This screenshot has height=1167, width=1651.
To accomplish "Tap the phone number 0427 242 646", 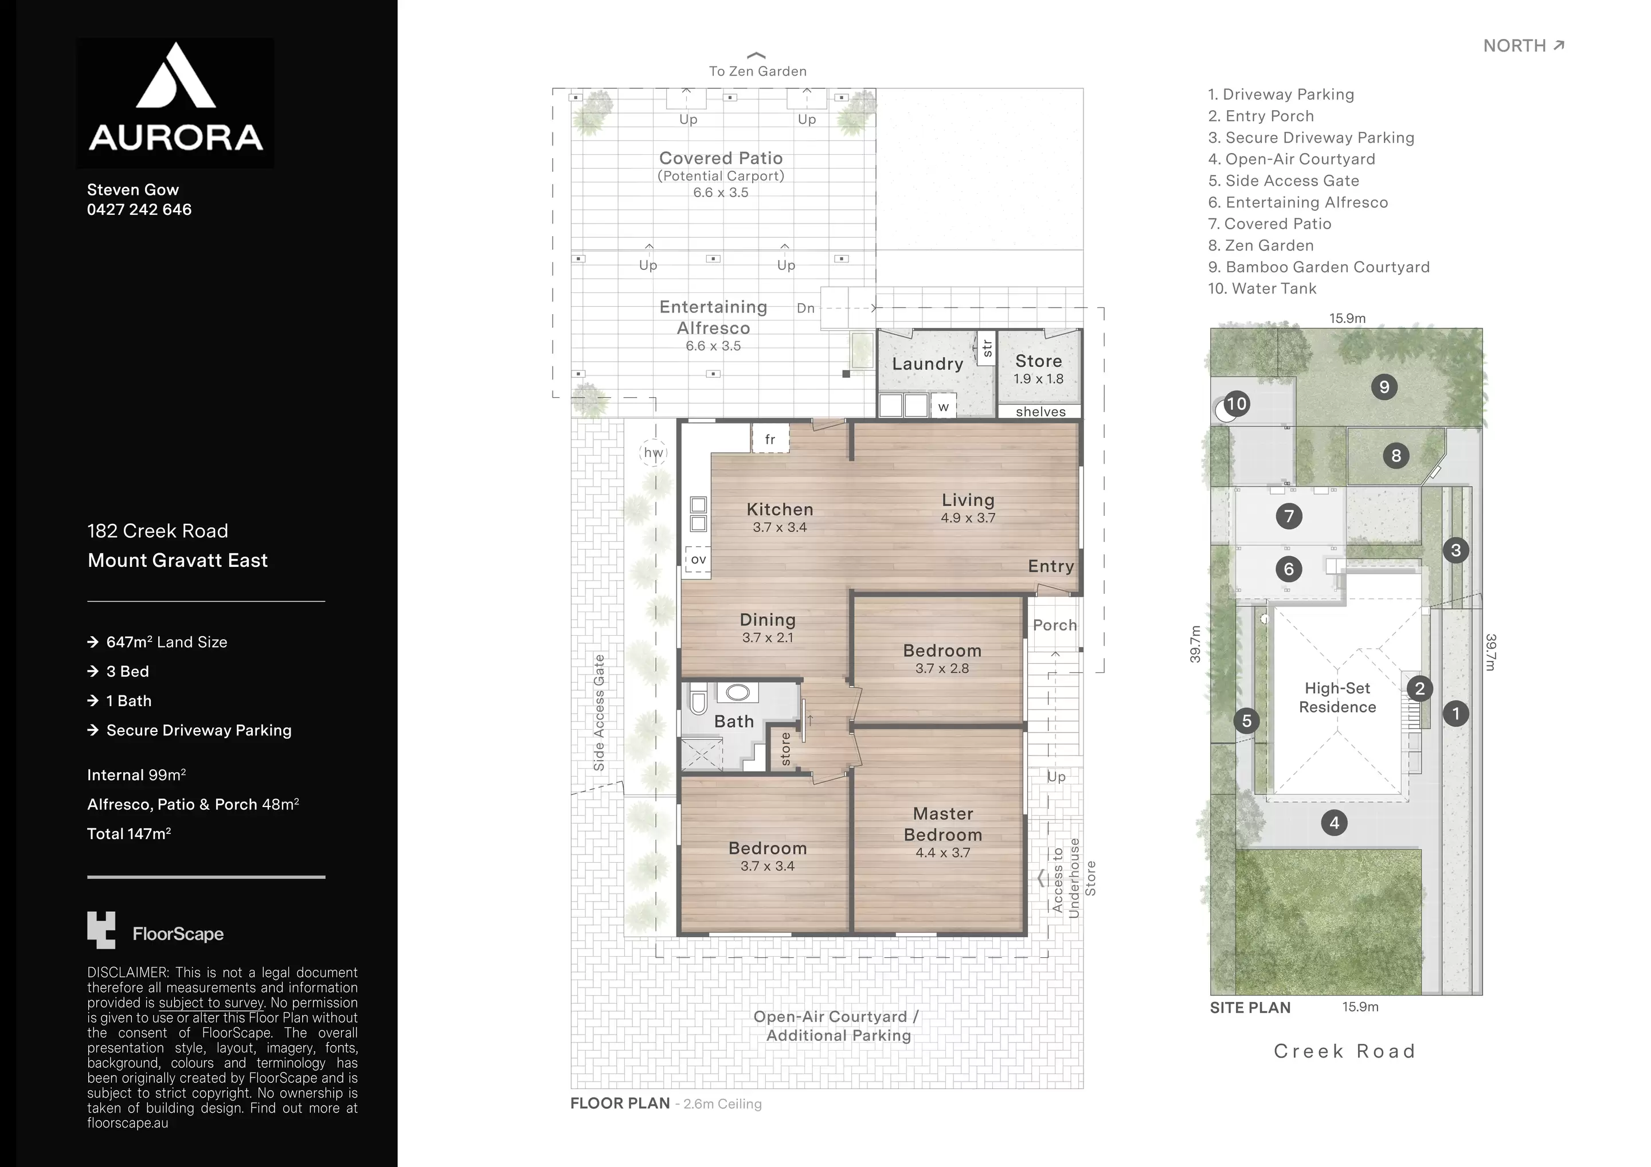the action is coord(139,209).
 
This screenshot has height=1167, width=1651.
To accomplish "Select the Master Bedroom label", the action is coord(942,824).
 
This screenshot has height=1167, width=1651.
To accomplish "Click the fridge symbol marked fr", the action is coord(770,438).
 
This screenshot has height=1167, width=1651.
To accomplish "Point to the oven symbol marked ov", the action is coord(698,559).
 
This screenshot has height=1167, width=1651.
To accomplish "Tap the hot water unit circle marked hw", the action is coord(653,452).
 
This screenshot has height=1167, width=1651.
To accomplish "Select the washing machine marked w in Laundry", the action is coord(944,406).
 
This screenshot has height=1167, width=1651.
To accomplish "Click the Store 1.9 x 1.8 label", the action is coord(1038,369).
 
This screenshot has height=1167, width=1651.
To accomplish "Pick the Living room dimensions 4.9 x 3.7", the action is coord(968,518).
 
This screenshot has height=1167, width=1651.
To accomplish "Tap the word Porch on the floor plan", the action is coord(1055,625).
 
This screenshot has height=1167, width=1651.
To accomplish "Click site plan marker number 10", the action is coord(1236,404).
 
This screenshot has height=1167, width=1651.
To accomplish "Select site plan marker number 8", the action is coord(1396,455).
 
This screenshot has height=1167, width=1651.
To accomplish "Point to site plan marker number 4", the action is coord(1335,823).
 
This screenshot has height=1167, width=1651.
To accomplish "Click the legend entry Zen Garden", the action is coord(1261,245).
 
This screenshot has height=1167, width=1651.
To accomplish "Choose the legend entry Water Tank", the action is coord(1262,288).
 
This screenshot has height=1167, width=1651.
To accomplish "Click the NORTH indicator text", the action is coord(1515,46).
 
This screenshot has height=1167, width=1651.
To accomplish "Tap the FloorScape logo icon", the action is coord(101,930).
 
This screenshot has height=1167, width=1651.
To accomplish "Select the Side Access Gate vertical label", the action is coord(599,712).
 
